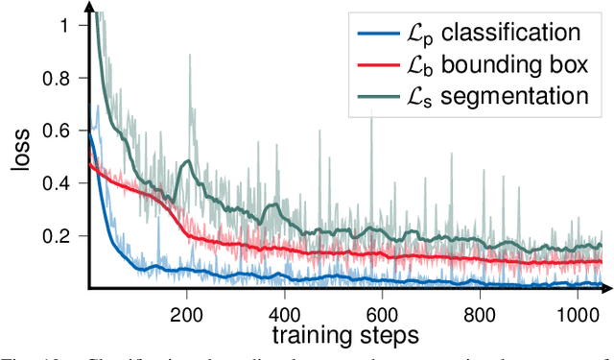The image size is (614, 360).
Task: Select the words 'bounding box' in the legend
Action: (519, 64)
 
